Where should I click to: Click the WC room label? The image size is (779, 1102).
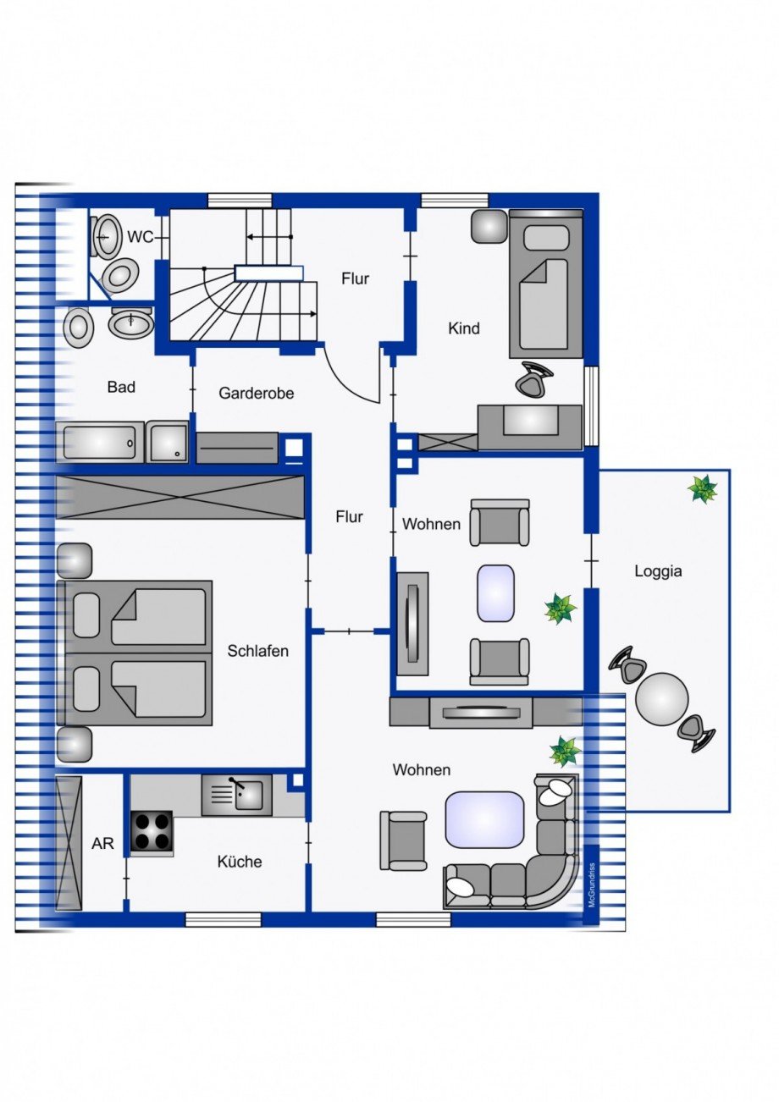click(141, 237)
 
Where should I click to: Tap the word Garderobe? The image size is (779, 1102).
click(256, 393)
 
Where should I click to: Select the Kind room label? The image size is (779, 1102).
click(463, 328)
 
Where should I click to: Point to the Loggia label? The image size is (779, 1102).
click(658, 571)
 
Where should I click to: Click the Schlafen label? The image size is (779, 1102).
click(258, 651)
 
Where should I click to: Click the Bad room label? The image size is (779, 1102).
click(121, 387)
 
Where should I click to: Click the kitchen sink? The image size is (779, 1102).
click(237, 795)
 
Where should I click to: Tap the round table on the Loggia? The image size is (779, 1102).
click(662, 699)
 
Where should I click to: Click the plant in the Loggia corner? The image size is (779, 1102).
click(703, 488)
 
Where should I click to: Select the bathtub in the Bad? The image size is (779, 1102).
click(100, 443)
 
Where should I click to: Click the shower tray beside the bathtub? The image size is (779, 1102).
click(168, 443)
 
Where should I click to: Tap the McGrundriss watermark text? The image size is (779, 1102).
click(592, 885)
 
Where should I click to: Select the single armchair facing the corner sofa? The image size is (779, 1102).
click(403, 840)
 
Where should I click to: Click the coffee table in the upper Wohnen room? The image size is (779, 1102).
click(495, 592)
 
